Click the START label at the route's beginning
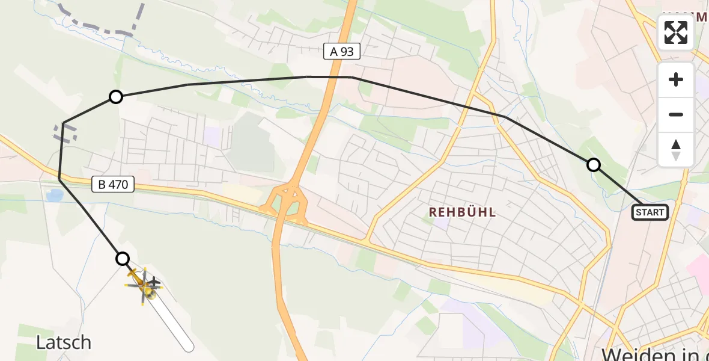[x=650, y=212]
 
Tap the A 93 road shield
[x=342, y=52]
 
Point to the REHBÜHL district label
[x=462, y=212]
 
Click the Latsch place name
[x=64, y=342]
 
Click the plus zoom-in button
[x=676, y=80]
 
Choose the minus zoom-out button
[x=676, y=114]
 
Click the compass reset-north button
[x=676, y=150]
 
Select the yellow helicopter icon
[x=143, y=286]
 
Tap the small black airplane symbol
[x=154, y=282]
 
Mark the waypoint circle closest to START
[x=593, y=165]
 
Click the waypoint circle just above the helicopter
[x=123, y=259]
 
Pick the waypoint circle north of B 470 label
[x=115, y=97]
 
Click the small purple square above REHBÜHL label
[x=442, y=223]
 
